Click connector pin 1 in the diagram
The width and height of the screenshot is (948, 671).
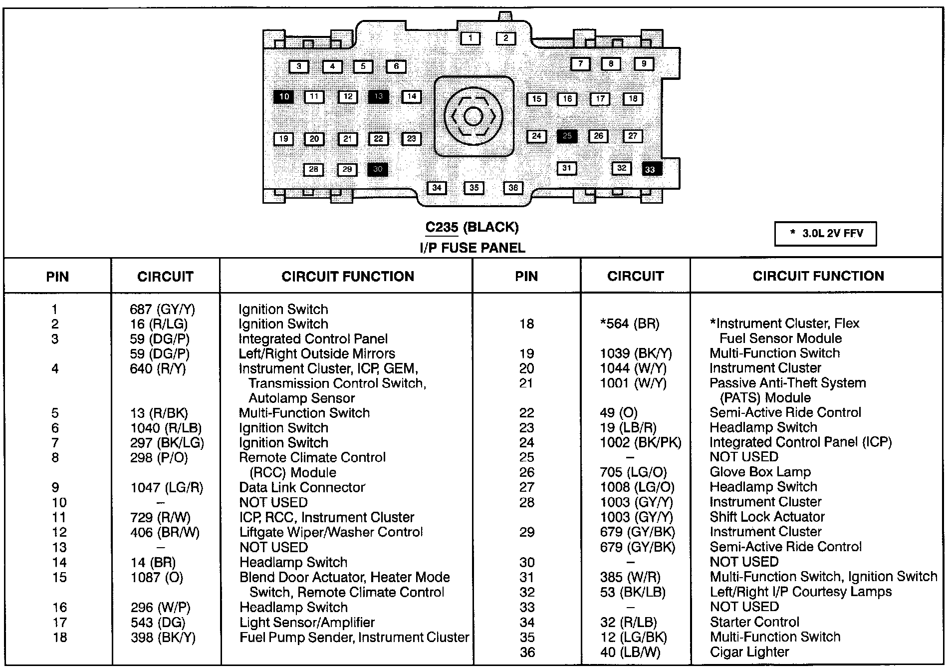pos(470,38)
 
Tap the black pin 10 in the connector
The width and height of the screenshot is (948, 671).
pos(284,96)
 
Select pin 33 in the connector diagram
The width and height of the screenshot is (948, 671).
pos(651,169)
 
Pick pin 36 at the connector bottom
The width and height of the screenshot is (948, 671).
pos(513,188)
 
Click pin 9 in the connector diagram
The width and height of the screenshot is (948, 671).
pos(644,64)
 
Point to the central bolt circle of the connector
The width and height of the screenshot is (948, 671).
pos(473,116)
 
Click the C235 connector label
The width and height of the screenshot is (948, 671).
pos(442,227)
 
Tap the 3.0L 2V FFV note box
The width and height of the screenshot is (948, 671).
pos(825,234)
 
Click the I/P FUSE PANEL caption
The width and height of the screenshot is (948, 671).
pos(472,248)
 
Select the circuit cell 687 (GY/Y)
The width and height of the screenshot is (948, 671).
pos(162,310)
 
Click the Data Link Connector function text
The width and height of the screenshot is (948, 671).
pos(302,487)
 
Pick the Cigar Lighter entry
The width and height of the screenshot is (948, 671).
pos(749,652)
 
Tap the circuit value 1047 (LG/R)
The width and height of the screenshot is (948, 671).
pos(167,487)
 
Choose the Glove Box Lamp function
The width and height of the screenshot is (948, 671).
pos(760,472)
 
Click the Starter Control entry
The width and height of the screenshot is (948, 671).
pos(754,622)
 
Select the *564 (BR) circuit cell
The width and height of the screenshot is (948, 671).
pos(629,324)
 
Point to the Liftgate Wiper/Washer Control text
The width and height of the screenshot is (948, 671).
pos(331,532)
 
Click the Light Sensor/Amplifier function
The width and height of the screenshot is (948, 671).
pos(307,623)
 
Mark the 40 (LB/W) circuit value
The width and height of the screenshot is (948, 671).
pos(630,652)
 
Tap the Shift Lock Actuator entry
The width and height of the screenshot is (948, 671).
pos(767,517)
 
